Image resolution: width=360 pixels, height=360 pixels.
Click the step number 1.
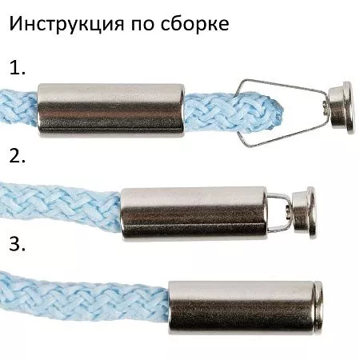click(x=16, y=69)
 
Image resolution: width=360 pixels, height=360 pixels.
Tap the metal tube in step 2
click(x=192, y=213)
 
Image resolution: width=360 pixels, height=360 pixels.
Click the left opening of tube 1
click(x=39, y=109)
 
